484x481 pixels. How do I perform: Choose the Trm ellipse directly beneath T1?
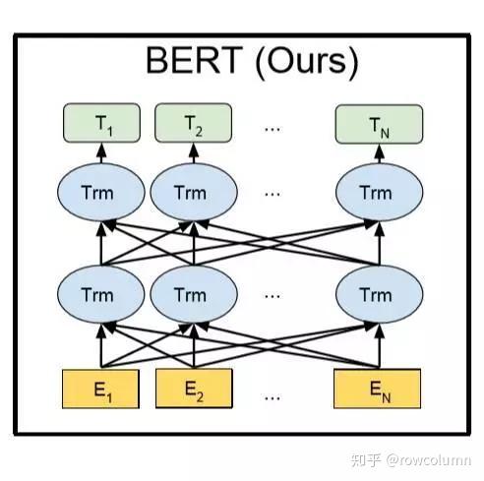pos(102,193)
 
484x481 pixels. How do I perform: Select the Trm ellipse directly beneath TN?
pos(375,193)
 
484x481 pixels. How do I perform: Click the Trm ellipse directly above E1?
pos(102,295)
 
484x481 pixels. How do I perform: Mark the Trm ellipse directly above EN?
pos(375,295)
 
